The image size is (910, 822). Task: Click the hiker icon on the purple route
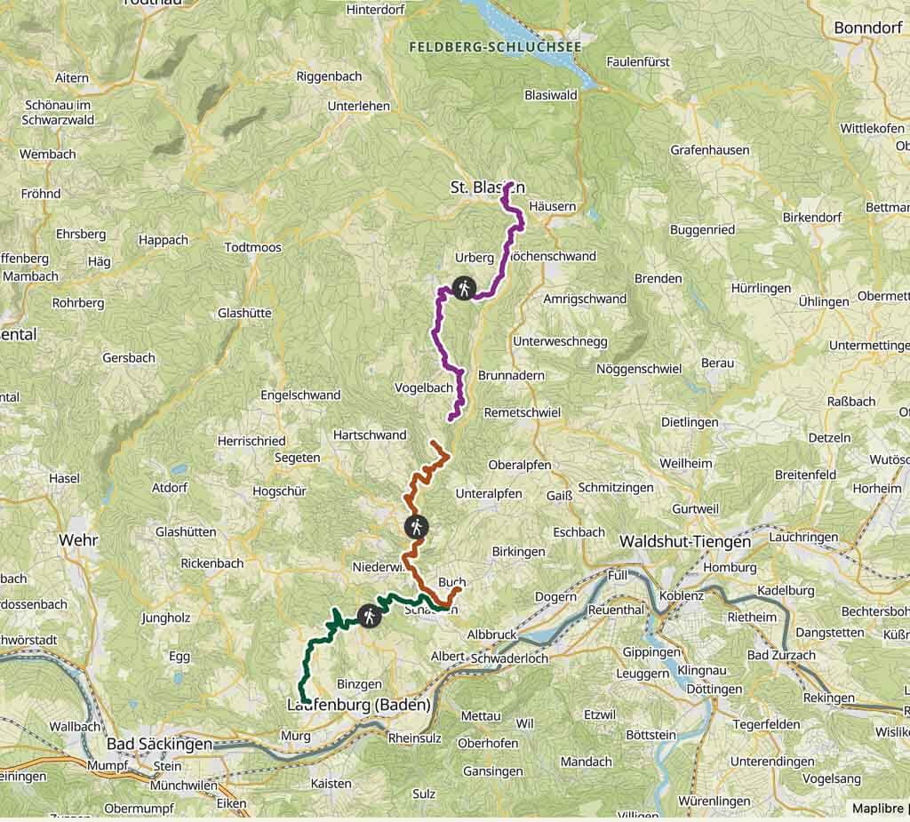pos(463,287)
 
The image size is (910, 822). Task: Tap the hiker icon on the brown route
pos(415,526)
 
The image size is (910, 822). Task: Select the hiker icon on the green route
pos(368,615)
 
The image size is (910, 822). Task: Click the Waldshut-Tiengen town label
pos(684,540)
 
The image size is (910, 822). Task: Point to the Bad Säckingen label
pos(159,744)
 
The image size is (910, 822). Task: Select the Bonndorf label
pos(868,28)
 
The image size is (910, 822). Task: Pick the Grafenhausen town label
pos(710,150)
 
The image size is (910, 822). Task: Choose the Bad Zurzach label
pos(781,655)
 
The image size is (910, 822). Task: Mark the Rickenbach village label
pos(212,563)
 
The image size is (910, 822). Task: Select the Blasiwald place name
pos(551,95)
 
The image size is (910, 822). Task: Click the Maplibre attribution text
pos(879,809)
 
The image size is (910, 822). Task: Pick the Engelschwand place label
pos(300,395)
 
